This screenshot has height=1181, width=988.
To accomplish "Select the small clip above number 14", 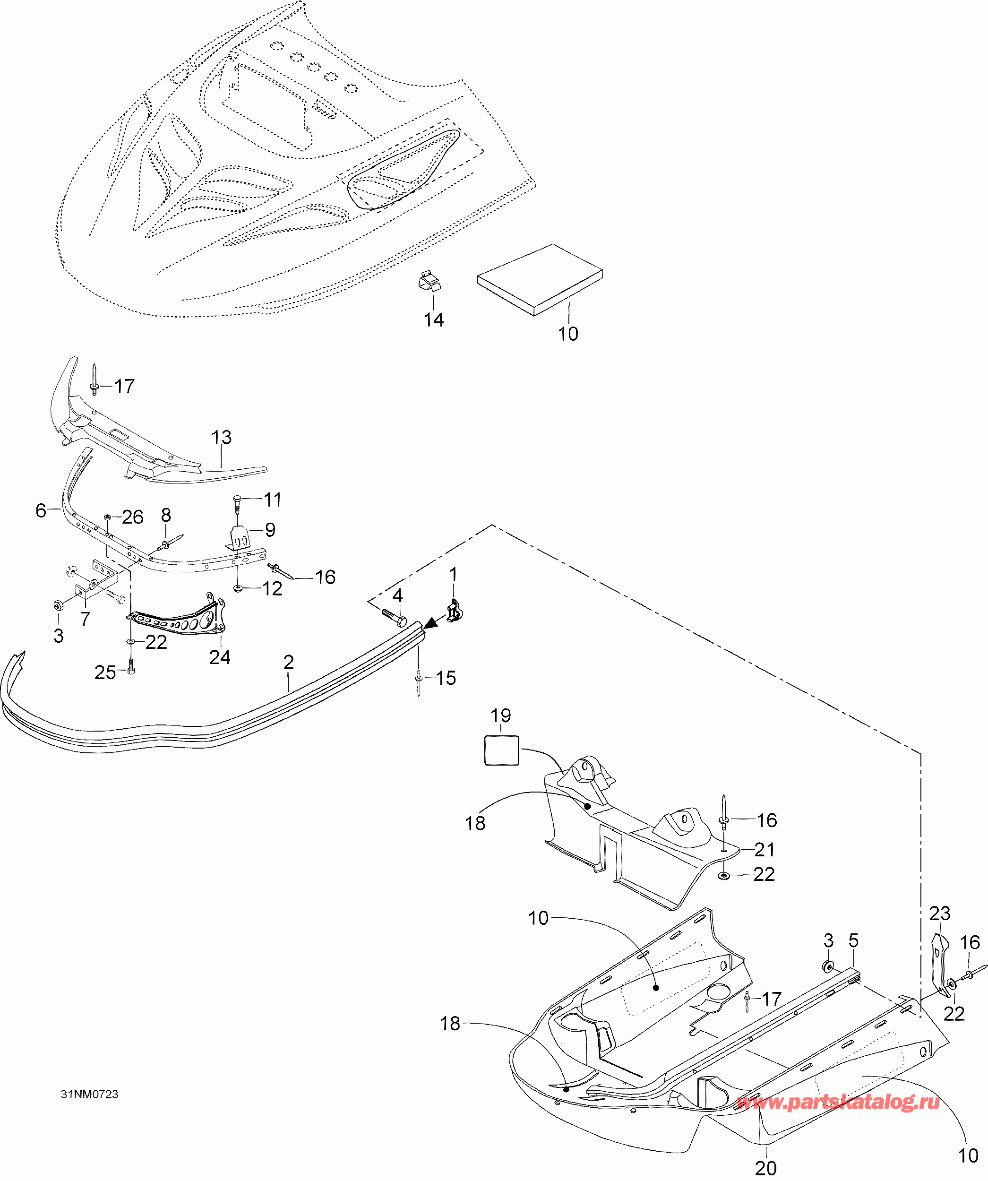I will click(430, 281).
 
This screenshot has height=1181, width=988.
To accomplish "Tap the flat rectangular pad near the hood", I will click(539, 279).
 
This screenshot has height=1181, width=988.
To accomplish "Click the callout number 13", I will click(221, 437).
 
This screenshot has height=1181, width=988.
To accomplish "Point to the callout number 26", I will click(133, 517).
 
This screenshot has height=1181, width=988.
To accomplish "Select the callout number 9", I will click(270, 529).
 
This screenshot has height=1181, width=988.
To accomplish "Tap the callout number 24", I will click(219, 657).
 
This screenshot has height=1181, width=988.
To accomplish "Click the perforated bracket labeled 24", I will click(180, 619).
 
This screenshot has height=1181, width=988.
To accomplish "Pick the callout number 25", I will click(105, 672).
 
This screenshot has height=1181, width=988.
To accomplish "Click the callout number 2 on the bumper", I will click(289, 662).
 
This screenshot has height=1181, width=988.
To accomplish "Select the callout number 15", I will click(446, 678).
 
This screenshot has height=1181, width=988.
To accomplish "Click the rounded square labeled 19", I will click(501, 750).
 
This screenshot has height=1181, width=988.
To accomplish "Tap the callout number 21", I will click(764, 849).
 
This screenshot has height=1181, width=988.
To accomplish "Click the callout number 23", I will click(939, 913).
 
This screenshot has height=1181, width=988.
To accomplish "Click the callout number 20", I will click(765, 1167).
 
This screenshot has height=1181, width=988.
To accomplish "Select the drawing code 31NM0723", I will click(90, 1094).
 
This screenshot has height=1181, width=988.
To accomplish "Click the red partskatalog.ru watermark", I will click(838, 1103).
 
